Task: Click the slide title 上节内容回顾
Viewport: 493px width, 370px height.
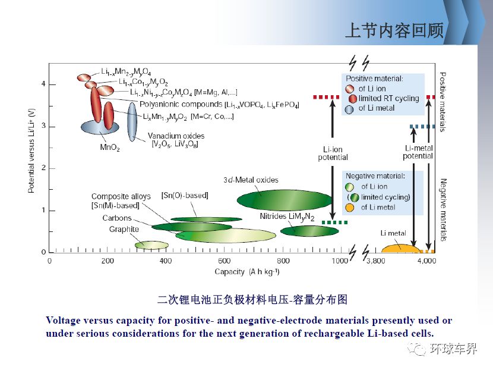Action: (394, 30)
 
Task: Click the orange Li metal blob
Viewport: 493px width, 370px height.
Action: (400, 249)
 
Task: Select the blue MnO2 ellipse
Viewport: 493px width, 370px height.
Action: (100, 127)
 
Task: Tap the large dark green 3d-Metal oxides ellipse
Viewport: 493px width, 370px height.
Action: (285, 200)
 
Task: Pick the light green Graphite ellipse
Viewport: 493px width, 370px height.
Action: (151, 245)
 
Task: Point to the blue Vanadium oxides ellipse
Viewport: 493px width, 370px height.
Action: (132, 122)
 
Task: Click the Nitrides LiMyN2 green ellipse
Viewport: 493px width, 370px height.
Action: (309, 231)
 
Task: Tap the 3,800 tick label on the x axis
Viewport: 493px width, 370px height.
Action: (376, 261)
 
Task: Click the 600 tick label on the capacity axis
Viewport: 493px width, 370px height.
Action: (224, 261)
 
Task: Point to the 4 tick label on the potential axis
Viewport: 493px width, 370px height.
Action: (43, 84)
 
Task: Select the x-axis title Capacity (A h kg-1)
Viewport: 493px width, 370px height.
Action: (247, 272)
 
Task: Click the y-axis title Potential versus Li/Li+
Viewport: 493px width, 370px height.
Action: (31, 151)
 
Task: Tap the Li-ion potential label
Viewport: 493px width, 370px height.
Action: (333, 153)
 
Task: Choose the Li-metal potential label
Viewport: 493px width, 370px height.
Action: (418, 152)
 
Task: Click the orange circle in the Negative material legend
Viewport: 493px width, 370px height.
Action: (350, 208)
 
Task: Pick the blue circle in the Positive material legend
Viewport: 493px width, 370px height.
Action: (349, 109)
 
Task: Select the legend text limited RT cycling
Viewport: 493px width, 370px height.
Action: (389, 99)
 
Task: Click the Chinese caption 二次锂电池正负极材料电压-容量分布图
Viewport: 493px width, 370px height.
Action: (252, 299)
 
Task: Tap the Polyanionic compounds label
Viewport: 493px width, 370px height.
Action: (181, 104)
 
